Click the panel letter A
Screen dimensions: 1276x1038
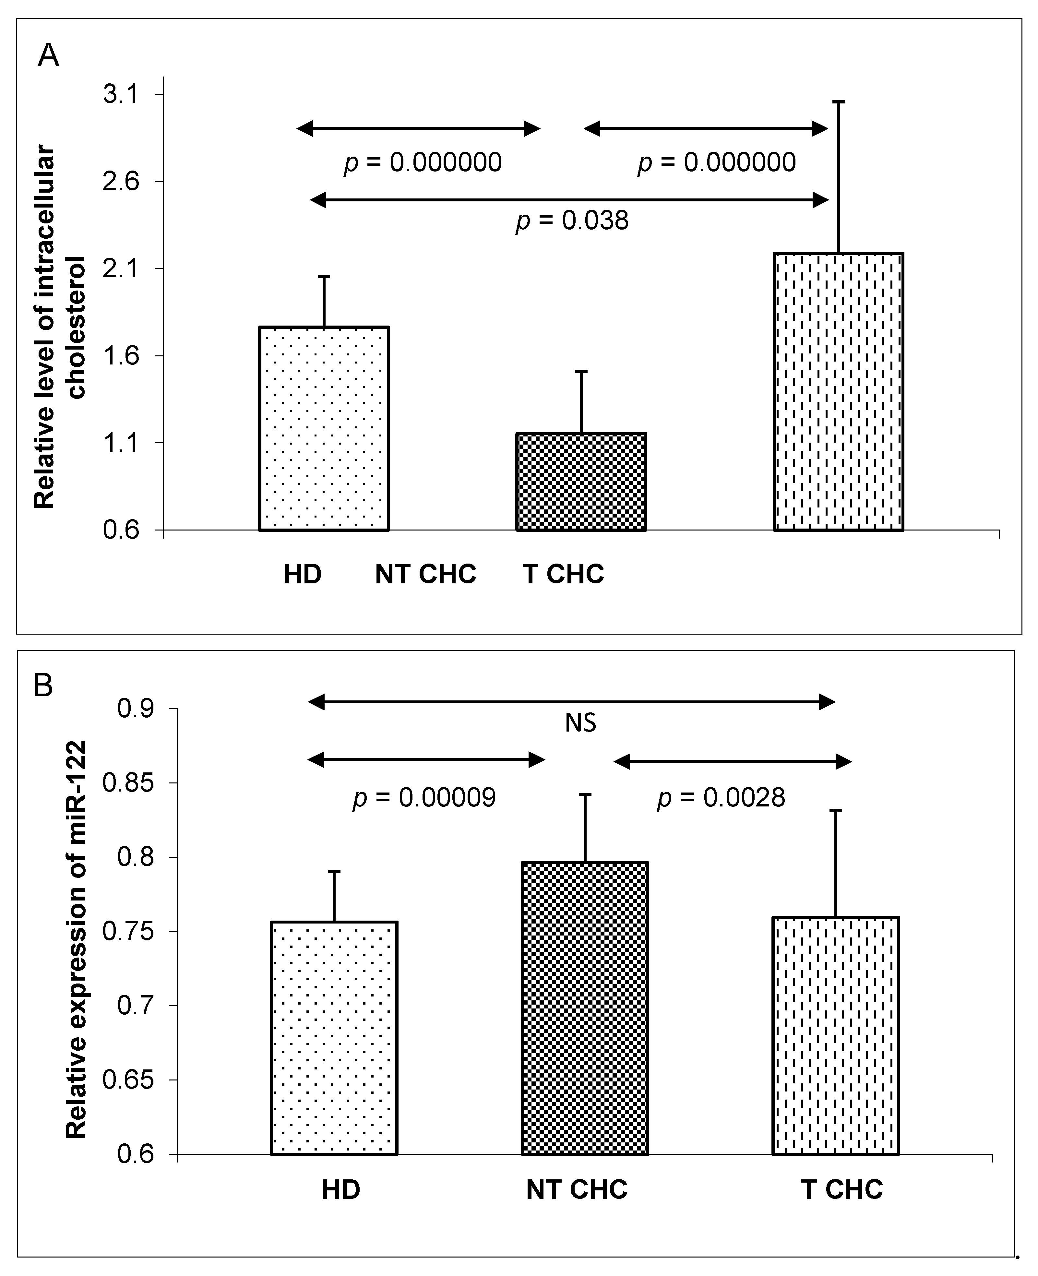coord(48,56)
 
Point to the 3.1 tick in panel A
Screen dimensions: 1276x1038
coord(120,94)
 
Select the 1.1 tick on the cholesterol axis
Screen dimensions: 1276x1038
coord(120,443)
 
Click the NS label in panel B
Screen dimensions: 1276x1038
coord(580,723)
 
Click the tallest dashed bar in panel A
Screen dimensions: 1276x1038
coord(838,392)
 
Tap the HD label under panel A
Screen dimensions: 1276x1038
coord(303,574)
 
